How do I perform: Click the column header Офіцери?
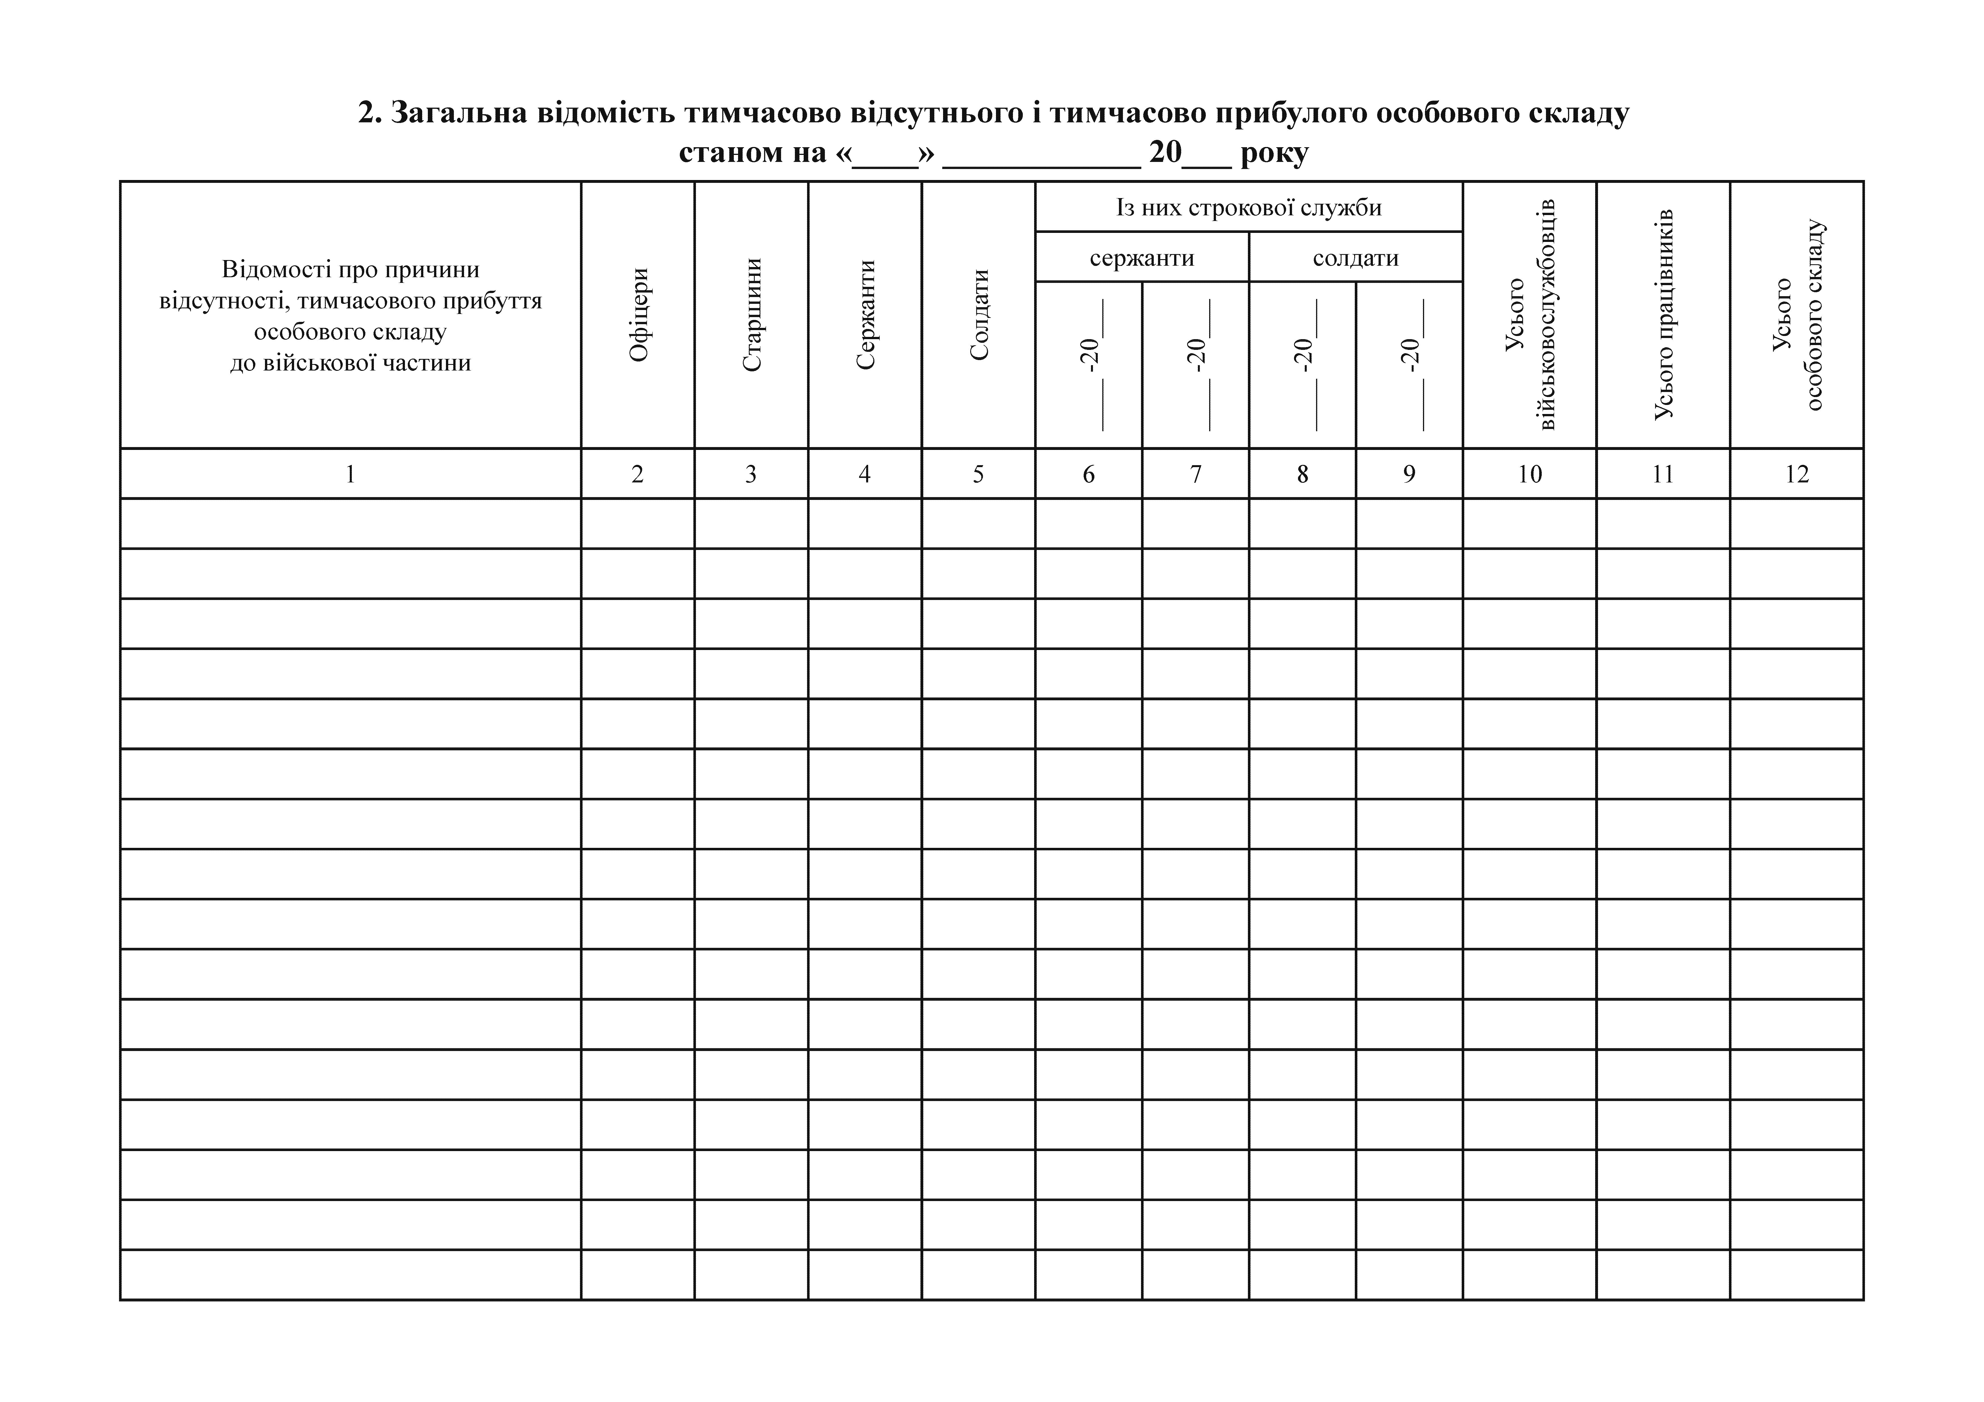(639, 315)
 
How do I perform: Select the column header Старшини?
(752, 315)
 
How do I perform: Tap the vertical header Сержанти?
(865, 315)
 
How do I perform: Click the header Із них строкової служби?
(1249, 207)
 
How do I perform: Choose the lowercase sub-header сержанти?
(1142, 257)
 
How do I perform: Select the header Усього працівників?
(1663, 315)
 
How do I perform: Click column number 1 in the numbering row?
(350, 473)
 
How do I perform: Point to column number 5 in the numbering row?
(978, 473)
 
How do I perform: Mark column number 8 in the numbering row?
(1302, 473)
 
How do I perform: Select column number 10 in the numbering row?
(1530, 473)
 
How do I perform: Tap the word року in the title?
(1274, 153)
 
